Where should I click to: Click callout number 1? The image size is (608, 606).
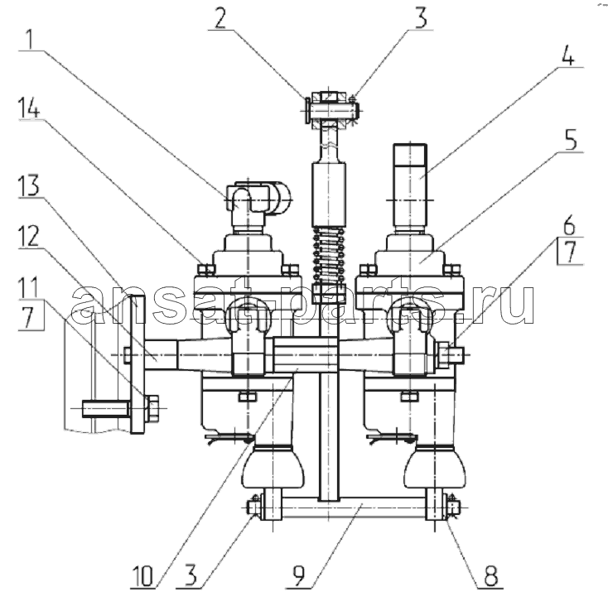click(x=29, y=39)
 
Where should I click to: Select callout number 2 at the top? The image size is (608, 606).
click(x=220, y=18)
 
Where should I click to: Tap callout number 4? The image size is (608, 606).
click(x=567, y=55)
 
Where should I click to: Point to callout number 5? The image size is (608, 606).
click(x=571, y=140)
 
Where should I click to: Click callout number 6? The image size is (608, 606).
click(x=569, y=226)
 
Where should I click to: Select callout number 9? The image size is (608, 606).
click(x=299, y=576)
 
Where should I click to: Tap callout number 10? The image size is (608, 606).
click(x=142, y=576)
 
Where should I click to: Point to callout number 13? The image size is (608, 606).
click(x=30, y=185)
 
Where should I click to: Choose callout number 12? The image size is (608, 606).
click(x=30, y=236)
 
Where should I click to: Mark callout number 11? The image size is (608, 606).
click(x=29, y=286)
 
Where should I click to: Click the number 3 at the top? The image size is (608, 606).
click(x=421, y=18)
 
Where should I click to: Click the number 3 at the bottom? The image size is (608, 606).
click(x=190, y=576)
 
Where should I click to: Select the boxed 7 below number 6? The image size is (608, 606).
click(x=570, y=252)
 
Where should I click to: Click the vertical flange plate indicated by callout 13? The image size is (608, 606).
click(x=138, y=364)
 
